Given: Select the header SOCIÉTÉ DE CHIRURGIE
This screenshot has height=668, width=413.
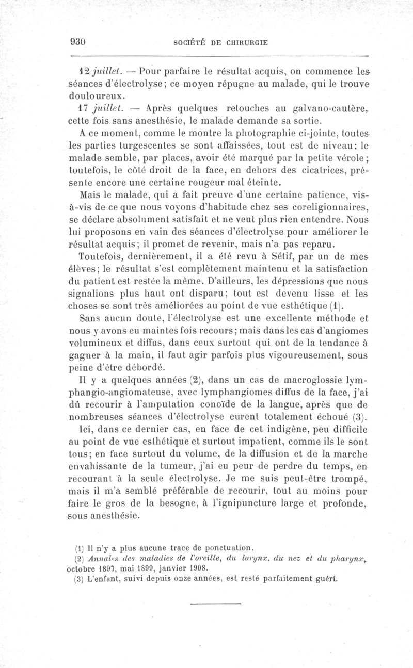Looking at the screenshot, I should point(221,43).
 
